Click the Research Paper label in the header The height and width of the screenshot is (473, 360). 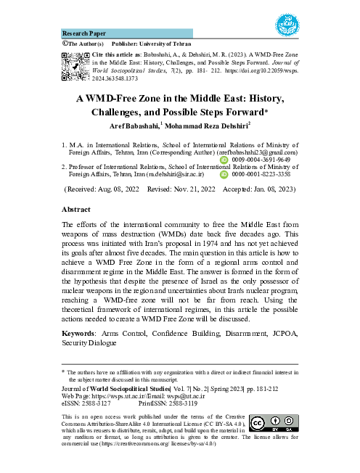(83, 33)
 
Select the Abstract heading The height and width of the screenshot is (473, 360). (79, 207)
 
